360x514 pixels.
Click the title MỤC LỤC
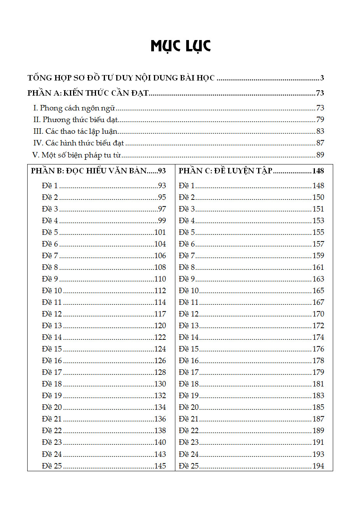tap(180, 46)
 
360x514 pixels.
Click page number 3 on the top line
tap(322, 78)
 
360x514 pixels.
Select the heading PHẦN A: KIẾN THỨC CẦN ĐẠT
tap(88, 93)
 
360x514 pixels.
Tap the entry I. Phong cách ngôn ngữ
tap(74, 108)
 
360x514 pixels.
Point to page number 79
tap(320, 120)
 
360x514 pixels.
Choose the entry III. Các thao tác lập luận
tap(75, 131)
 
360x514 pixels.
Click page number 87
tap(320, 143)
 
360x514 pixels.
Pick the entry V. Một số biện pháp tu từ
tap(77, 155)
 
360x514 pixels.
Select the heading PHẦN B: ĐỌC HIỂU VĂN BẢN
tap(89, 171)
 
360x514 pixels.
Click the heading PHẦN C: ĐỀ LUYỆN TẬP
tap(225, 171)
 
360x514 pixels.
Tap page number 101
tap(160, 233)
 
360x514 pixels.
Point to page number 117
tap(160, 314)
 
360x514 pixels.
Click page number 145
tap(160, 466)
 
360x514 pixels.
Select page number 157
tap(318, 244)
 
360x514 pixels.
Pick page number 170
tap(318, 314)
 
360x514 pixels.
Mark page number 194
tap(318, 466)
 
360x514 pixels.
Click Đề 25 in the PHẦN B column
tap(52, 466)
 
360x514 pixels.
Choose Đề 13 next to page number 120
tap(52, 326)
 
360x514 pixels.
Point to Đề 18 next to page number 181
tap(189, 384)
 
